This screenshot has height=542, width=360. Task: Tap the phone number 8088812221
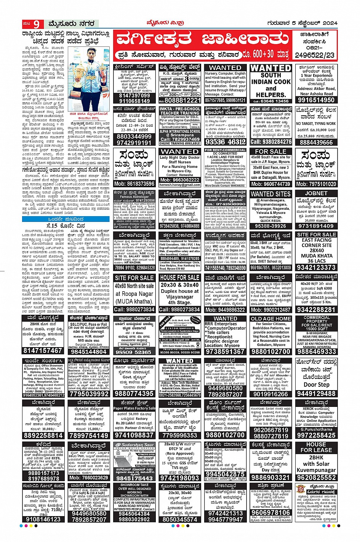click(x=180, y=100)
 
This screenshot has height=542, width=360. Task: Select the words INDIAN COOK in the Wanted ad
click(x=271, y=81)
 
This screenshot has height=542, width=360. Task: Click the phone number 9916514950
click(x=316, y=100)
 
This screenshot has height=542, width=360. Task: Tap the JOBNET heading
click(x=316, y=193)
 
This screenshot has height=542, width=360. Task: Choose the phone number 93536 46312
click(x=225, y=142)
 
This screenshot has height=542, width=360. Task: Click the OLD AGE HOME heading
click(x=271, y=319)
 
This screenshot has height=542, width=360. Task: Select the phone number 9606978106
click(x=271, y=513)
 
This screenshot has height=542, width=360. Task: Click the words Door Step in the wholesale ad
click(x=316, y=385)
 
